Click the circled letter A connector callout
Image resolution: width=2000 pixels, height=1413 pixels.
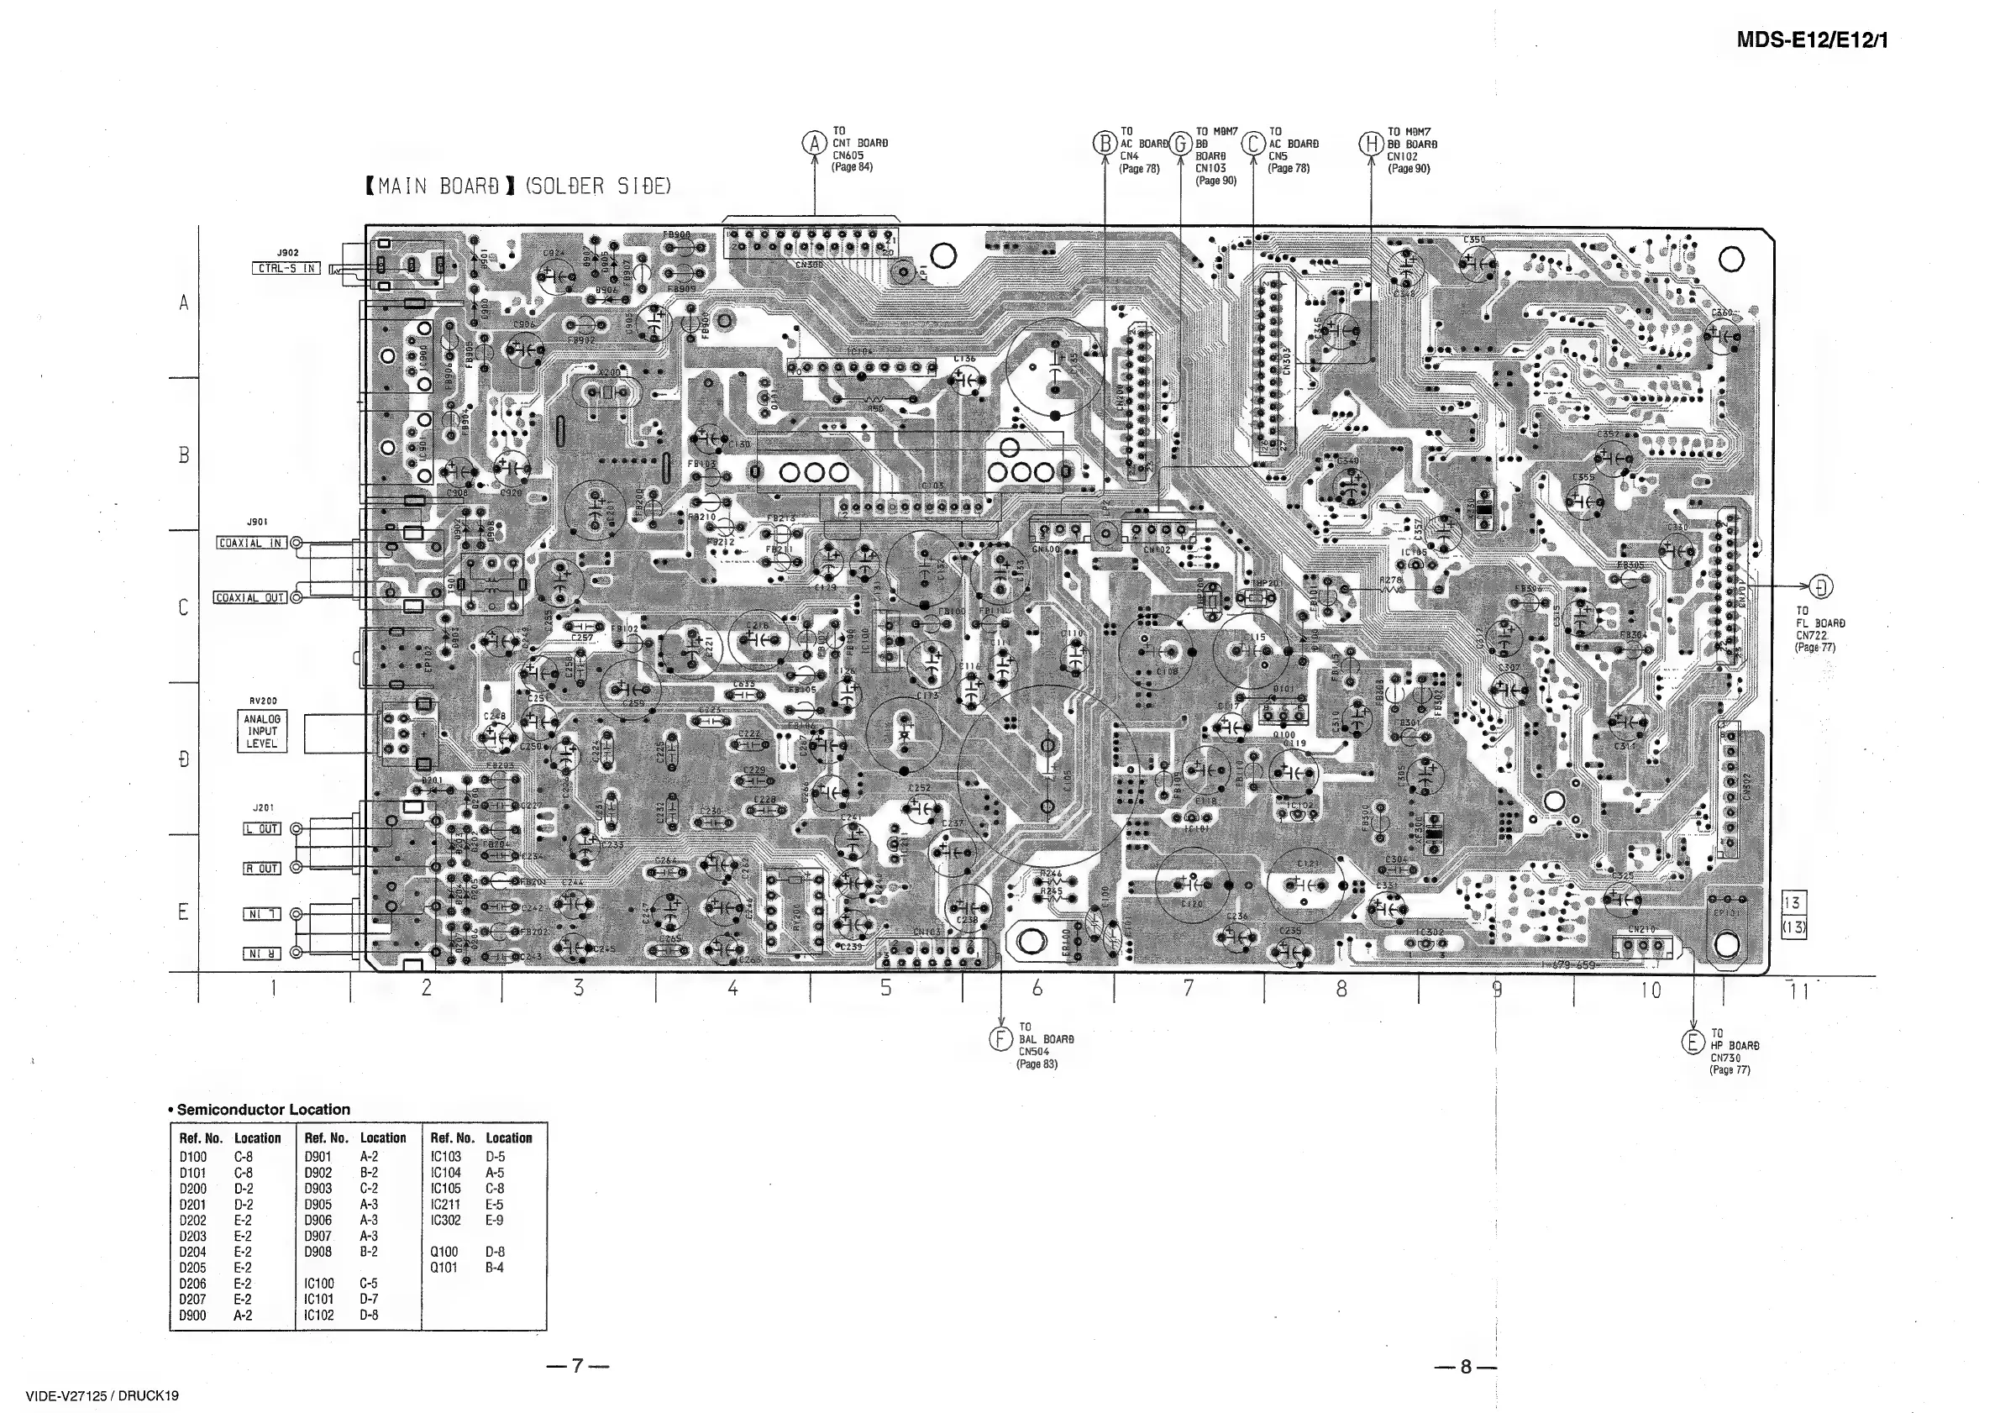coord(815,144)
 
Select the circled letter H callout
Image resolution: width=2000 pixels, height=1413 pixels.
coord(1371,144)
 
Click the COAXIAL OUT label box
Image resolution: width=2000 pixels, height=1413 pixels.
coord(251,597)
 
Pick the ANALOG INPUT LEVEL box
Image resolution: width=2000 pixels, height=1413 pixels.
coord(261,732)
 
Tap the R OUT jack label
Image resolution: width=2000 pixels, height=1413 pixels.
coord(261,869)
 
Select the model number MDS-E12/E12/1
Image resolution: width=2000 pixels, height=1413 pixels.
coord(1812,40)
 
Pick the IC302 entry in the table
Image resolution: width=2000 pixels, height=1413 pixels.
coord(445,1221)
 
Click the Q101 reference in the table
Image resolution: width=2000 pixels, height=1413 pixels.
coord(444,1268)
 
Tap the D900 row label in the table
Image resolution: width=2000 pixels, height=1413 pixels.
coord(192,1316)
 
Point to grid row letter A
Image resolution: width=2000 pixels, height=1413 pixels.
coord(184,303)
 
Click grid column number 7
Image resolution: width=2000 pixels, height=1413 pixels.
coord(1188,988)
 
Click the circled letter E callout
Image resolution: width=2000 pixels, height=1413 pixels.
coord(1693,1042)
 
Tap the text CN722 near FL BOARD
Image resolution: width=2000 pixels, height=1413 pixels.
coord(1811,636)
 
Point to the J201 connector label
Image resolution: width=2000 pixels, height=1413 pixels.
coord(262,807)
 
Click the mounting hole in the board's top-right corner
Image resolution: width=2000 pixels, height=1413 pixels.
coord(1732,260)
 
